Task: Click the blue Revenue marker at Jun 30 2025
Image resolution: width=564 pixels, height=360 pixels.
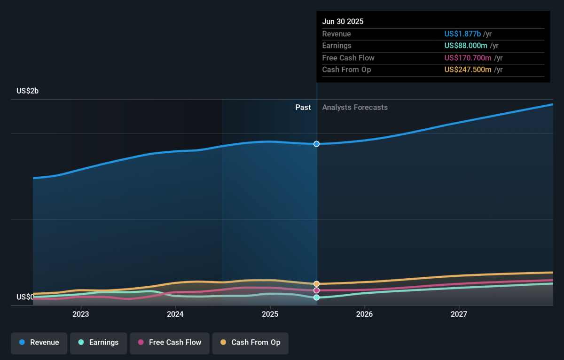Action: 316,144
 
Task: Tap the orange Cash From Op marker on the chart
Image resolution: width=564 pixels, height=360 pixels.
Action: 316,284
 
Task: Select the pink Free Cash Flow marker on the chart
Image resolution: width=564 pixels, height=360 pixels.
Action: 316,290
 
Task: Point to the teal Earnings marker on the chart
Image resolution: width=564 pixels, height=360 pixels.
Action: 316,297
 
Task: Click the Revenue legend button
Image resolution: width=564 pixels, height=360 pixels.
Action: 39,343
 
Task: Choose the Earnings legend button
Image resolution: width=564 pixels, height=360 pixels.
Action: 98,343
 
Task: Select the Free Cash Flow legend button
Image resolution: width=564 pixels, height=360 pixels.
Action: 170,343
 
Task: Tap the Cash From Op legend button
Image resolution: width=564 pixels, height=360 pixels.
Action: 250,343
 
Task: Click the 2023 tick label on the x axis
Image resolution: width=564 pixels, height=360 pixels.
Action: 81,314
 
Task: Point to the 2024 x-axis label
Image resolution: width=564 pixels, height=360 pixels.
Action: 175,314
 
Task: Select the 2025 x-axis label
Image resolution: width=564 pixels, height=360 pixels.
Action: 270,314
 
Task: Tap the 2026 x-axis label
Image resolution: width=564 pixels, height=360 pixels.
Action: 364,314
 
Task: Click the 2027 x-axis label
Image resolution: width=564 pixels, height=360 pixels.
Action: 459,314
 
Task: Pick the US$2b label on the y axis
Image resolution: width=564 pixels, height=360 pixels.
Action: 27,91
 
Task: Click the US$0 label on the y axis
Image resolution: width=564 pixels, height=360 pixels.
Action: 24,297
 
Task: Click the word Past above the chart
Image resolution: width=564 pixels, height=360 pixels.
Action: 303,107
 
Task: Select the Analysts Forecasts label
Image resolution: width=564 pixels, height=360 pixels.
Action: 355,107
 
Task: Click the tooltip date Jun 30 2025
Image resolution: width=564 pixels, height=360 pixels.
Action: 343,22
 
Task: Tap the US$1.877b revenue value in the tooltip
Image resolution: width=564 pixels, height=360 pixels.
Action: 462,34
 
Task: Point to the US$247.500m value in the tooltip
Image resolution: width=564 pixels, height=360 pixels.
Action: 468,70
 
